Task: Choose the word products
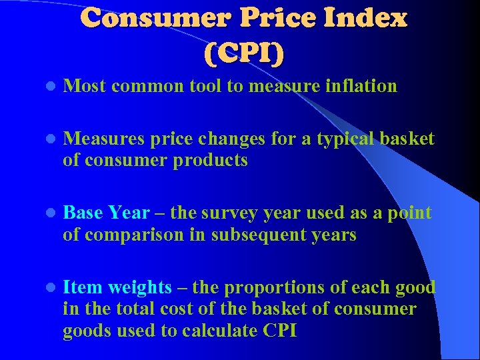[212, 161]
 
